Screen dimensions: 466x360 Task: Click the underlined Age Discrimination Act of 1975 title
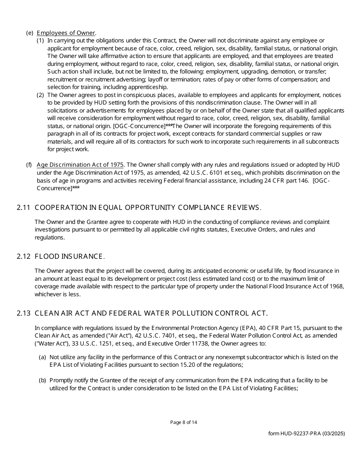pos(80,164)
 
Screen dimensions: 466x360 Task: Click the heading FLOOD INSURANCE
pos(69,256)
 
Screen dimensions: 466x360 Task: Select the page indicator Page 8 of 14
pos(183,422)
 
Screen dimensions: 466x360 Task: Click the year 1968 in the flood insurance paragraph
pos(337,286)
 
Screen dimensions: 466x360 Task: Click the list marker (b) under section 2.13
pos(42,380)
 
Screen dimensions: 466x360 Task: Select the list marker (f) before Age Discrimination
pos(29,164)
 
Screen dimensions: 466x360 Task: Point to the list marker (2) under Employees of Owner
pos(40,95)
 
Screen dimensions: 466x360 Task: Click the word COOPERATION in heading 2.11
pos(55,207)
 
